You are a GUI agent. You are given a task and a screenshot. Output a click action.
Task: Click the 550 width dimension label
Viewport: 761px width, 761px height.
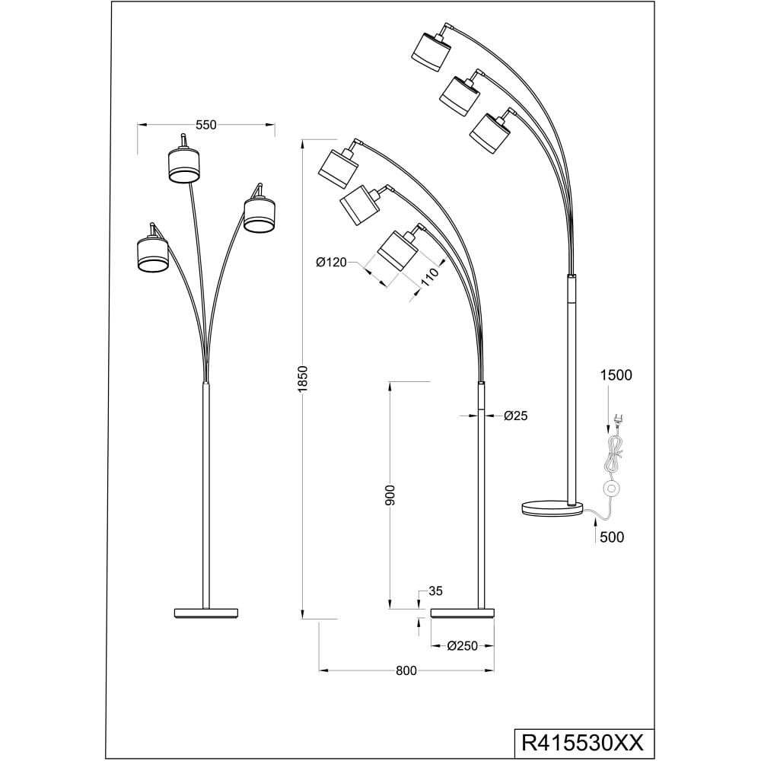coord(205,125)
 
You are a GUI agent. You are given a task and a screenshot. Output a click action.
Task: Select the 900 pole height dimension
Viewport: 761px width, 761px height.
coord(390,495)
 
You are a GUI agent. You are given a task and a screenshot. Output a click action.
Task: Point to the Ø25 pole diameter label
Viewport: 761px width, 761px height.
coord(515,416)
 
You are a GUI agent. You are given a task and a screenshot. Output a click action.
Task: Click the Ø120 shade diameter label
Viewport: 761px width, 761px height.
coord(332,263)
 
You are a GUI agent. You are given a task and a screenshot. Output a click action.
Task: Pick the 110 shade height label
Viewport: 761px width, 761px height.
coord(429,280)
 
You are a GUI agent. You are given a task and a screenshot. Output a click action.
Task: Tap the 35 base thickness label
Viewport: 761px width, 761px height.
coord(436,591)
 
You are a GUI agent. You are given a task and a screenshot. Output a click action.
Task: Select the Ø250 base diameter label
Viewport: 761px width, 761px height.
coord(463,646)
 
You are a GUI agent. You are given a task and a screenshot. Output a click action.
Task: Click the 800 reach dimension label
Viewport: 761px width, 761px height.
coord(406,670)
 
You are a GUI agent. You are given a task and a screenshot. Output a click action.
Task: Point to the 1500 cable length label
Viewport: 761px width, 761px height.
coord(616,375)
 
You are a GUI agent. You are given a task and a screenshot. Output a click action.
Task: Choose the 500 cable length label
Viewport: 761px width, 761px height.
coord(612,537)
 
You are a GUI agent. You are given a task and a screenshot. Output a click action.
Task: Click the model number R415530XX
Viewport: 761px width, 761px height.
coord(582,743)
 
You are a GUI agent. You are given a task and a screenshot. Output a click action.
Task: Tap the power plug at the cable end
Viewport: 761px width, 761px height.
coord(618,417)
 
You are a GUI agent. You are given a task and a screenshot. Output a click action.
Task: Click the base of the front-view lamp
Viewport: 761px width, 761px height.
coord(206,613)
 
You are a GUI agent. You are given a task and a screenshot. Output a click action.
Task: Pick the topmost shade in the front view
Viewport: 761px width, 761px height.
coord(184,165)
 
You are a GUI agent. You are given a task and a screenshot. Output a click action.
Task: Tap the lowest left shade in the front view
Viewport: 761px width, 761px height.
coord(152,253)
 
